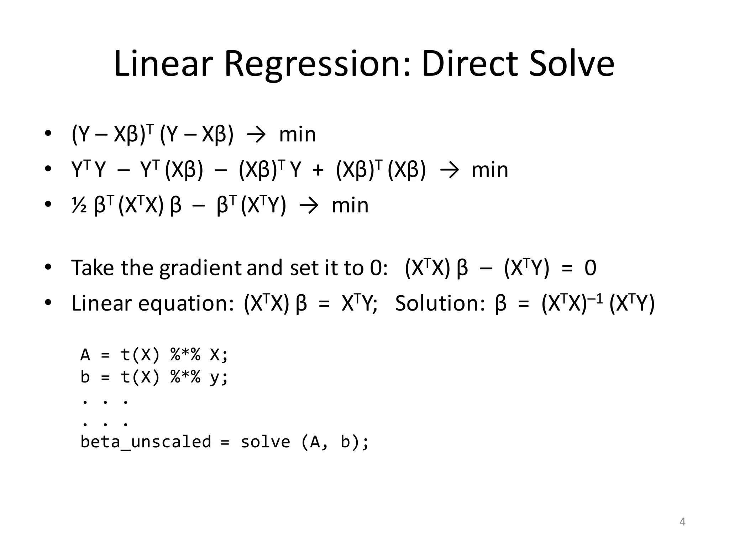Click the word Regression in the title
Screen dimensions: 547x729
click(317, 64)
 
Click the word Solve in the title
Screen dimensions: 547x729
click(572, 64)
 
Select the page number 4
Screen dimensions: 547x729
click(682, 522)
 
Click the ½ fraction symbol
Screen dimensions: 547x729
click(79, 205)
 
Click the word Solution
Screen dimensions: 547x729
click(440, 303)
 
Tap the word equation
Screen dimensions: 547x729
click(185, 304)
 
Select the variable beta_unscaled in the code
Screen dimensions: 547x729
click(146, 442)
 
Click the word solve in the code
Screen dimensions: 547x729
click(266, 442)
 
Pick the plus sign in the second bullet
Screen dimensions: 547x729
click(318, 170)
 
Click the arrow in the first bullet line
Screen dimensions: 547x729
click(256, 135)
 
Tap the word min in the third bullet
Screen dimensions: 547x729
click(350, 205)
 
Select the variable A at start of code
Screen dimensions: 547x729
click(85, 355)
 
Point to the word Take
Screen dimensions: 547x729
click(93, 268)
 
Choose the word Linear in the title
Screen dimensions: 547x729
click(163, 64)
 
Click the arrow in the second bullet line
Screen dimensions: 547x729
click(449, 170)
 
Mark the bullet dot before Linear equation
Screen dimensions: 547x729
click(48, 302)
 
